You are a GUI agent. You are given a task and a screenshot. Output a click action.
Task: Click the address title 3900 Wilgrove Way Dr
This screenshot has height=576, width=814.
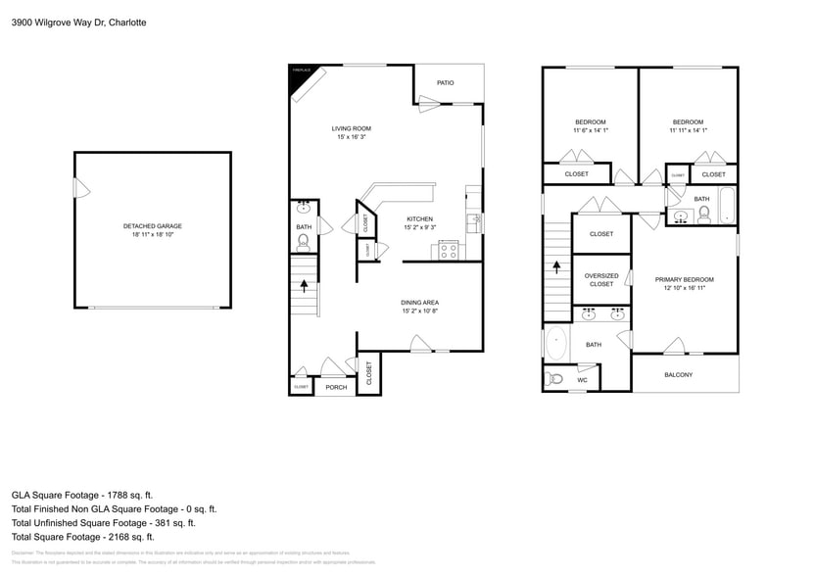pos(78,22)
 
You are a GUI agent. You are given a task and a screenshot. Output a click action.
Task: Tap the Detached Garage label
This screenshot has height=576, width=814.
pos(152,226)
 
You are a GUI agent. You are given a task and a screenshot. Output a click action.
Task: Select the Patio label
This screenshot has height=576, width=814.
pos(445,82)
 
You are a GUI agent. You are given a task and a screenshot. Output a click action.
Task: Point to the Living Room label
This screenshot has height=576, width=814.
pos(351,128)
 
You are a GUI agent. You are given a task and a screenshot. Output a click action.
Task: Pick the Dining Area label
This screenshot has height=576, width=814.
pos(419,302)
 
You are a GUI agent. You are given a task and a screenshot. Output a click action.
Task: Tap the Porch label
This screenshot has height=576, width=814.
pos(336,387)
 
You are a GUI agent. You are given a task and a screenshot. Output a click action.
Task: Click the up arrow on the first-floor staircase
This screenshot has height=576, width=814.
pos(304,286)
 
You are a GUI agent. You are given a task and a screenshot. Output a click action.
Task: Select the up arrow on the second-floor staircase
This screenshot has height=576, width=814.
pos(557,265)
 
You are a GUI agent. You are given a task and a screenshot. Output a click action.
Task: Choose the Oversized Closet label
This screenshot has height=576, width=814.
pos(600,279)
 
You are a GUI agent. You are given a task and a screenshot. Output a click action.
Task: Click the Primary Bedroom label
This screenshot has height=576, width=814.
pos(684,279)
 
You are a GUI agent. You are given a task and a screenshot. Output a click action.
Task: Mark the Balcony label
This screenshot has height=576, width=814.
pos(678,375)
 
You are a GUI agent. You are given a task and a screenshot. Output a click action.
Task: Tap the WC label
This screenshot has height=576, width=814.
pos(582,380)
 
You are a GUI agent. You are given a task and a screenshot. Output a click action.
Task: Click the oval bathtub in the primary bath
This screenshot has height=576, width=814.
pos(556,344)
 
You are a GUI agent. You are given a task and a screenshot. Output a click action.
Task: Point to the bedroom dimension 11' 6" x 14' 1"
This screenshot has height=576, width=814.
pos(591,130)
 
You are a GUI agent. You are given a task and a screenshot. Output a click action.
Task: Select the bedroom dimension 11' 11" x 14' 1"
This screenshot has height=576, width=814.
pos(688,130)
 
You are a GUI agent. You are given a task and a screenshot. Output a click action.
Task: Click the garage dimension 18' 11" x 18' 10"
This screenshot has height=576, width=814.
pos(152,234)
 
